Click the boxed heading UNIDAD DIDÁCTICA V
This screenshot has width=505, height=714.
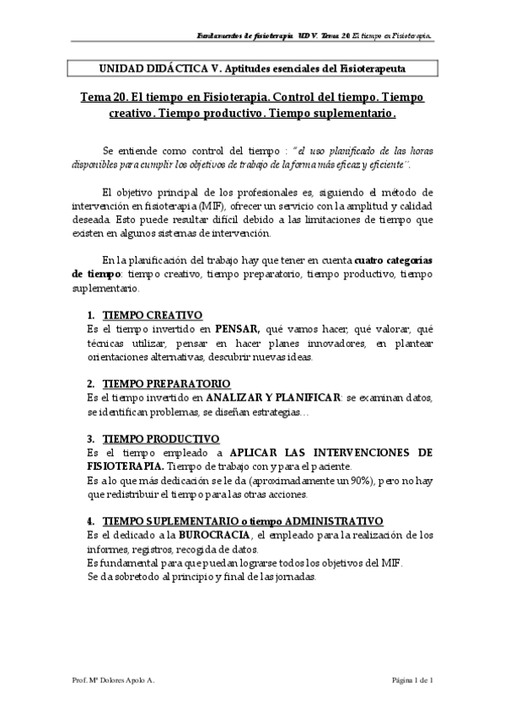(x=250, y=68)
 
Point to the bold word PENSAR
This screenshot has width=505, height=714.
(x=236, y=330)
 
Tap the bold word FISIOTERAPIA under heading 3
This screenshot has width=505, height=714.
(x=125, y=466)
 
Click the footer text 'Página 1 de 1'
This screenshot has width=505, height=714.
(x=411, y=679)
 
